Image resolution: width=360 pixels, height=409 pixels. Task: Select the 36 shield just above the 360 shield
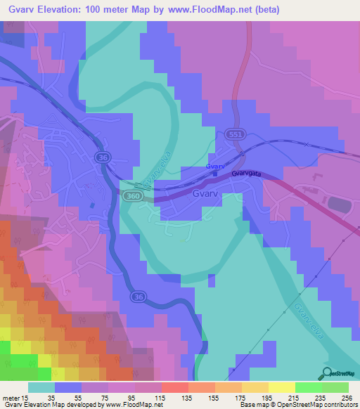103,158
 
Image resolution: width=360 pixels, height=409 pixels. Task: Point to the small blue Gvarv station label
215,167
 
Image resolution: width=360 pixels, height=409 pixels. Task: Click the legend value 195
257,398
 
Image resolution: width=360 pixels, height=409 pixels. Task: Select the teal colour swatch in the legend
41,387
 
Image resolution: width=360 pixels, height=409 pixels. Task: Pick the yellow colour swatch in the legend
281,387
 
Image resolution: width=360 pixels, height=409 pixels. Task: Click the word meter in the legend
12,398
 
